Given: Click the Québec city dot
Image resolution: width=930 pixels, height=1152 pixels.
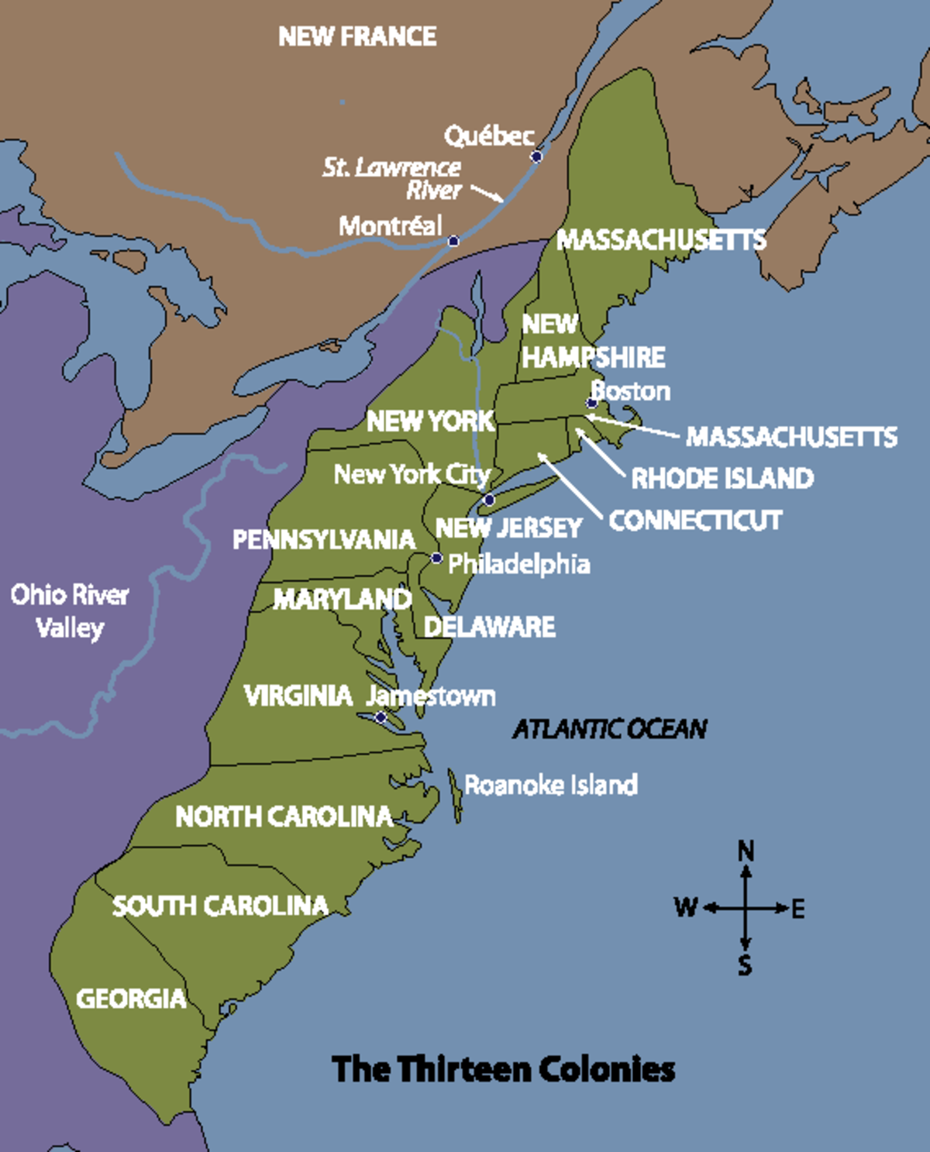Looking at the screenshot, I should pos(536,156).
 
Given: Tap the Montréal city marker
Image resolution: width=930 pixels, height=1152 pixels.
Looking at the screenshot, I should pos(453,241).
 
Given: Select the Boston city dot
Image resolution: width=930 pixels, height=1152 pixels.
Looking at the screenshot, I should pos(591,403).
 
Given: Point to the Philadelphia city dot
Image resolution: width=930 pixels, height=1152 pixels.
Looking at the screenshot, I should pos(437,559).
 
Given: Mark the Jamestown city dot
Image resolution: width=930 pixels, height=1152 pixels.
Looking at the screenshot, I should pos(381,717).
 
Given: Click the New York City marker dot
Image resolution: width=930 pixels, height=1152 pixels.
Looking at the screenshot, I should pos(489,500).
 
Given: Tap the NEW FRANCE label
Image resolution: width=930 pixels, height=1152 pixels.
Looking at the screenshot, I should pos(357,36).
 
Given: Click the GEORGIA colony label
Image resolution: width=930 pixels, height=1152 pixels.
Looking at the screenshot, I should pos(131,999).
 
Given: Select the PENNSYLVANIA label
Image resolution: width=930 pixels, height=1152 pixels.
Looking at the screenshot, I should pos(324,539).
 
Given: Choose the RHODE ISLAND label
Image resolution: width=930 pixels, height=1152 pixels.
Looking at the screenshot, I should pos(722,478).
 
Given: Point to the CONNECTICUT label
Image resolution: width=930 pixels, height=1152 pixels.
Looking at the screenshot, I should pos(695,520).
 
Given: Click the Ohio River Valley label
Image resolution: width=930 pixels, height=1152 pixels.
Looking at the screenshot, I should pos(70,610).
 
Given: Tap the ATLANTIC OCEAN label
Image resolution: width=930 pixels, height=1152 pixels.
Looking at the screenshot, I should pos(610,729).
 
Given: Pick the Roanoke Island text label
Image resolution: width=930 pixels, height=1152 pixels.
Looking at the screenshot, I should pos(551,785).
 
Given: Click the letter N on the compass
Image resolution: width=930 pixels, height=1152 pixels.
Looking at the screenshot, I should pos(746,851).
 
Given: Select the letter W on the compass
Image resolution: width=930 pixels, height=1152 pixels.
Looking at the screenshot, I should pos(686,907).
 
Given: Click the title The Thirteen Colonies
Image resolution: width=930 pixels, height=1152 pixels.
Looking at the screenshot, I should pos(504,1069).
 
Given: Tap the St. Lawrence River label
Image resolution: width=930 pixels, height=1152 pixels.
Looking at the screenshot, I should pos(393,178).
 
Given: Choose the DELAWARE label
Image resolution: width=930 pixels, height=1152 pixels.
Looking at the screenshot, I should pos(490,627).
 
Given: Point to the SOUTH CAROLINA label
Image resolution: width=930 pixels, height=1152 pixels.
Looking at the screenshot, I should pos(220,906).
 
